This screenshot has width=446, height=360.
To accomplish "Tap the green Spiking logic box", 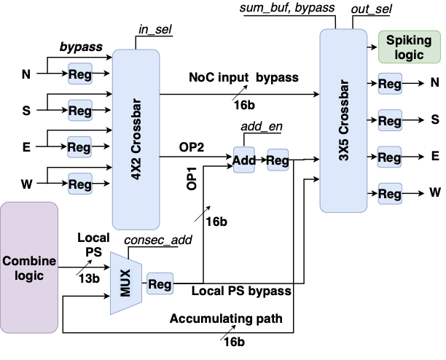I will point(410,47).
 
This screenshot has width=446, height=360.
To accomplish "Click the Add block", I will point(244,160).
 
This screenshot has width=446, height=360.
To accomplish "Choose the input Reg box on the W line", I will point(79,182).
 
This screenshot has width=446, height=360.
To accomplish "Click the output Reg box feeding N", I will point(390,85).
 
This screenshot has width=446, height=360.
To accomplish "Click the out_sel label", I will point(372,8).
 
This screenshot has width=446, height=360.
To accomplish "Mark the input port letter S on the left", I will point(26,111).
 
